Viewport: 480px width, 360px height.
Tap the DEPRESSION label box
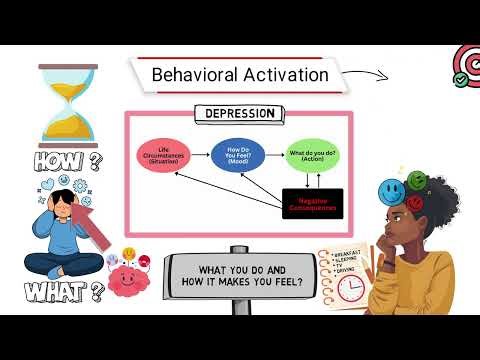pyautogui.click(x=239, y=114)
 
